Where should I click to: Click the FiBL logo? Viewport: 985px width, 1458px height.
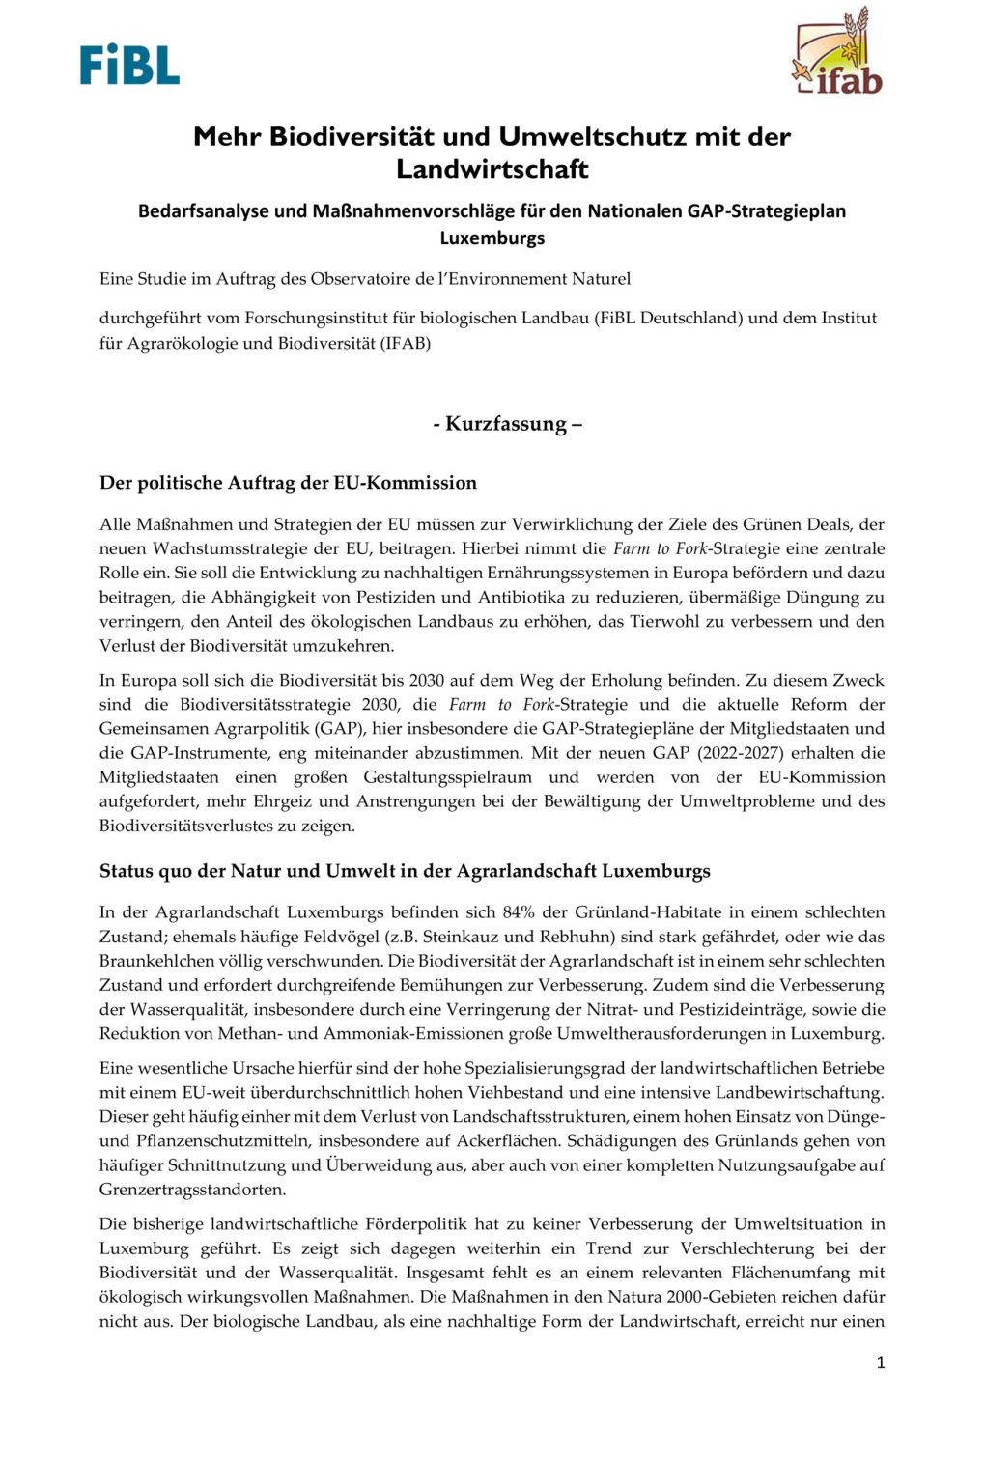pyautogui.click(x=129, y=65)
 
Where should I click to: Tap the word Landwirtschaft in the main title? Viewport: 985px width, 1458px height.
pyautogui.click(x=492, y=169)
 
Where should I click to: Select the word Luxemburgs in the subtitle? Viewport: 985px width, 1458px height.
pyautogui.click(x=492, y=238)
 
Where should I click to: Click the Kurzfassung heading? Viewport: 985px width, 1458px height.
pyautogui.click(x=507, y=424)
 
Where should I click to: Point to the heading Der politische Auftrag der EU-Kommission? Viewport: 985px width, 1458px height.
pyautogui.click(x=288, y=483)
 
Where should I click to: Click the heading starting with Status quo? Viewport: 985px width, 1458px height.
pyautogui.click(x=405, y=871)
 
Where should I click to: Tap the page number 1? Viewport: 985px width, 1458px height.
pyautogui.click(x=880, y=1363)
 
